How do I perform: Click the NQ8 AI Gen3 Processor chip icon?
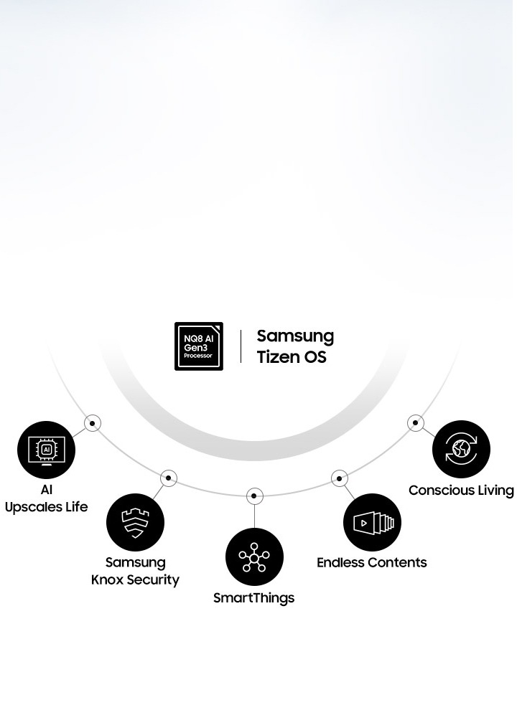pos(199,346)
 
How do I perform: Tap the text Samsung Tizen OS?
pos(295,346)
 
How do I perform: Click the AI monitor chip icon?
pos(46,450)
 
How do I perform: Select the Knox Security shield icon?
pos(135,522)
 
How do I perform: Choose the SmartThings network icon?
pos(254,557)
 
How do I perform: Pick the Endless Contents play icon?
pos(372,522)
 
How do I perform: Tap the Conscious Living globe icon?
pos(461,450)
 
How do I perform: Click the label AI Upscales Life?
pos(46,498)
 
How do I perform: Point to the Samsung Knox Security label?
pos(135,571)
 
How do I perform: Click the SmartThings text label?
pos(254,598)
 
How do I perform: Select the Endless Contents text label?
pos(372,562)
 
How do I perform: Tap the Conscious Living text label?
pos(461,491)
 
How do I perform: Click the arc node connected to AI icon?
pos(93,423)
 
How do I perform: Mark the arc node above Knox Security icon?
pos(168,478)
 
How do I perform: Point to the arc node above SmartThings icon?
pos(254,496)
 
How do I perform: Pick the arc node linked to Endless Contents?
pos(340,478)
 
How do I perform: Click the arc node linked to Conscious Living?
pos(416,423)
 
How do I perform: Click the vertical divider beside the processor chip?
pos(241,346)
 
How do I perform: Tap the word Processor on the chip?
pos(198,356)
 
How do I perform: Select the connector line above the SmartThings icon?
pos(254,516)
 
